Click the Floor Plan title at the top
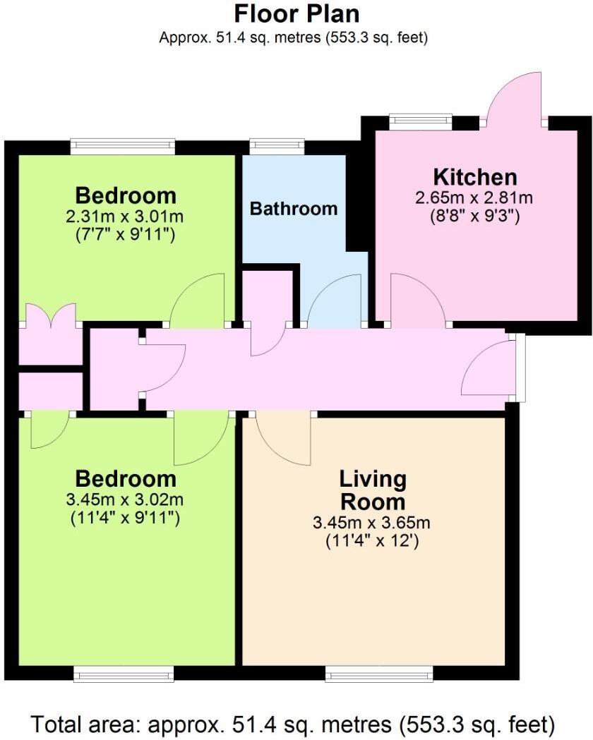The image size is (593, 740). (x=296, y=13)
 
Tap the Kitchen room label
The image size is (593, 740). (x=474, y=177)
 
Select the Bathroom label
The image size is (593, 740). (x=294, y=209)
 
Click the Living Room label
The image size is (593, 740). (x=373, y=490)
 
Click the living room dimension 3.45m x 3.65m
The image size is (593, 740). (x=373, y=523)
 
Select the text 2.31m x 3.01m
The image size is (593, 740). (x=125, y=215)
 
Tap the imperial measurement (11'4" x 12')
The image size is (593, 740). (x=373, y=542)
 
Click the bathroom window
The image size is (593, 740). (x=277, y=147)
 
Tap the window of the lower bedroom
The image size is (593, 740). (x=124, y=675)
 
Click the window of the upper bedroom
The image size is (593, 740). (x=123, y=146)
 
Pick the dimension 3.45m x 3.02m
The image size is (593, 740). (x=125, y=500)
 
